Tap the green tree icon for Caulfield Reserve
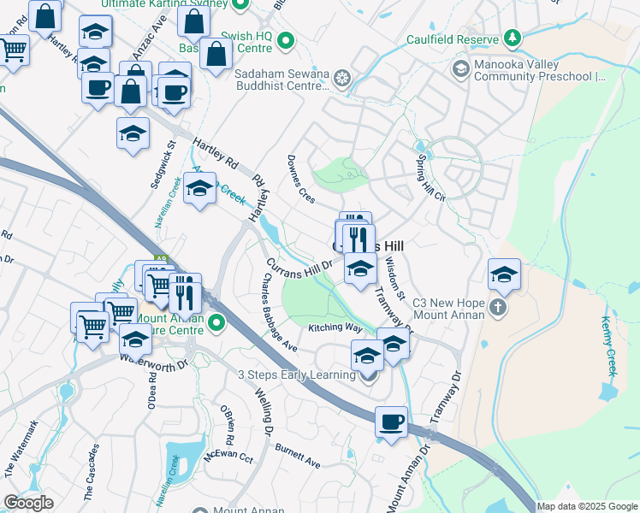pyautogui.click(x=512, y=38)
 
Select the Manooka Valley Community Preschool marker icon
pyautogui.click(x=460, y=68)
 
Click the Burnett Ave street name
pyautogui.click(x=298, y=453)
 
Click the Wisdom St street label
pyautogui.click(x=394, y=277)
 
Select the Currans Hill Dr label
pyautogui.click(x=298, y=269)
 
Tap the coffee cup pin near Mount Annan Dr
pyautogui.click(x=391, y=422)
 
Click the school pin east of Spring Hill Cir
pyautogui.click(x=504, y=275)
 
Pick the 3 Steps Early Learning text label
pyautogui.click(x=296, y=374)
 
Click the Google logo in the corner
pyautogui.click(x=29, y=503)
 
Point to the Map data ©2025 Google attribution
pyautogui.click(x=588, y=506)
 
